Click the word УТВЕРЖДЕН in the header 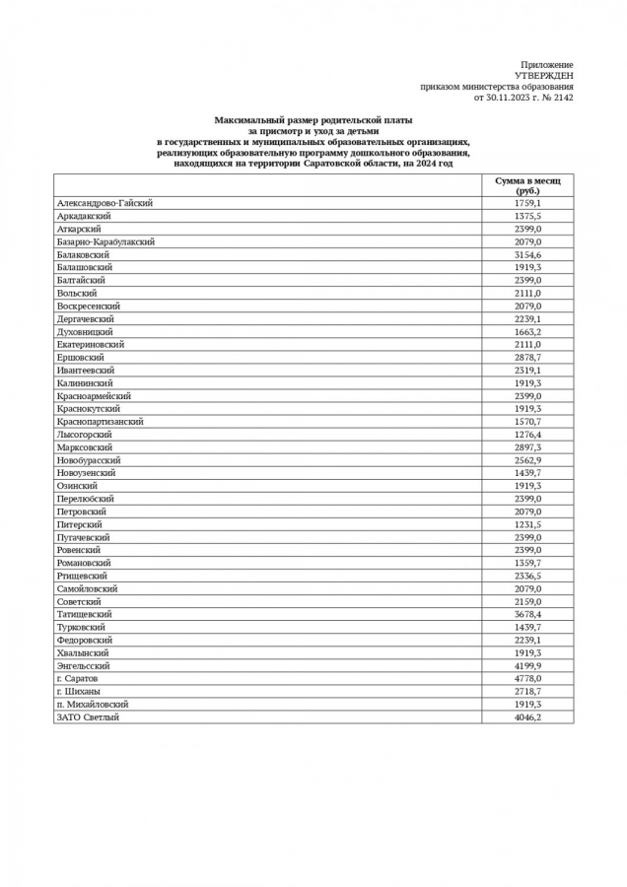pyautogui.click(x=543, y=76)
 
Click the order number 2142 pyautogui.click(x=562, y=98)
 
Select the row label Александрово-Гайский pyautogui.click(x=104, y=203)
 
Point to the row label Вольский pyautogui.click(x=77, y=293)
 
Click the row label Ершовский pyautogui.click(x=80, y=357)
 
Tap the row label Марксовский pyautogui.click(x=84, y=447)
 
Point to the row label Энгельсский pyautogui.click(x=83, y=666)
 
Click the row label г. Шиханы pyautogui.click(x=78, y=692)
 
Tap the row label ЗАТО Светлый pyautogui.click(x=88, y=717)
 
